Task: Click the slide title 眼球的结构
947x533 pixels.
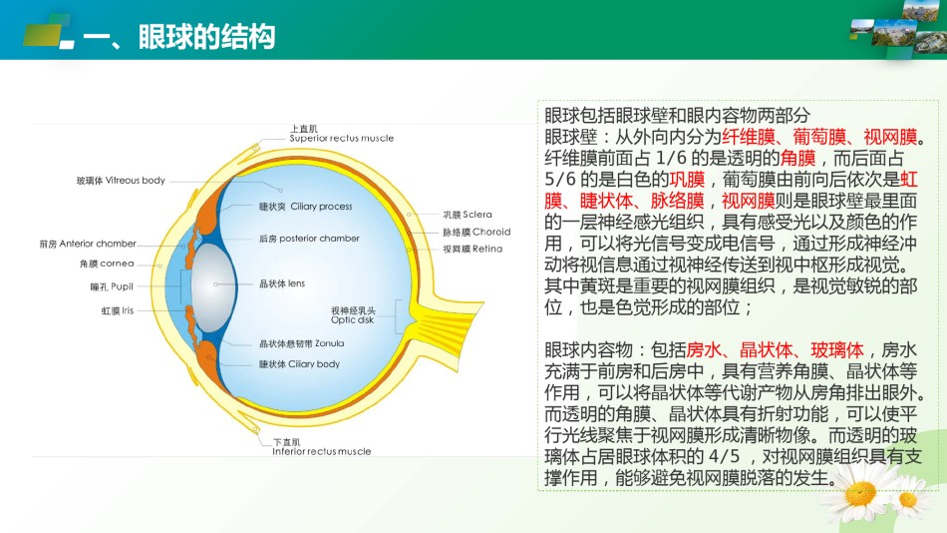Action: click(206, 37)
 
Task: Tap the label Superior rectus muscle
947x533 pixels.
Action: click(341, 134)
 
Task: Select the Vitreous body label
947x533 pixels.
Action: click(121, 181)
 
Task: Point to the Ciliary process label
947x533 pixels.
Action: click(306, 207)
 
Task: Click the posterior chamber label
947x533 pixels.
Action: click(309, 239)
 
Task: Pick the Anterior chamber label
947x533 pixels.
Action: click(88, 244)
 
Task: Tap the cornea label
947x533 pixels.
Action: click(107, 264)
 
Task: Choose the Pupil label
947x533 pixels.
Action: click(112, 286)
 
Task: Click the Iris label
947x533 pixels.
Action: click(118, 310)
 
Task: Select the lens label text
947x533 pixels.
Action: click(282, 283)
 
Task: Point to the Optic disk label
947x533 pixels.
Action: click(353, 315)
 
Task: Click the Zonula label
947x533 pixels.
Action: click(301, 343)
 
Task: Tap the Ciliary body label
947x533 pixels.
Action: click(299, 364)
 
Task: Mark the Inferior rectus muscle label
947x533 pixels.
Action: click(321, 447)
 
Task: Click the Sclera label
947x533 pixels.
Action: click(468, 215)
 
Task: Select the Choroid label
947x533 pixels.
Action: click(476, 232)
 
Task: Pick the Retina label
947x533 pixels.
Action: click(473, 249)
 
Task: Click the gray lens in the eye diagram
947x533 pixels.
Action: click(213, 286)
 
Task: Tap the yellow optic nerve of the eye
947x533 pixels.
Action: click(446, 320)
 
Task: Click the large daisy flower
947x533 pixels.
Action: click(860, 494)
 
